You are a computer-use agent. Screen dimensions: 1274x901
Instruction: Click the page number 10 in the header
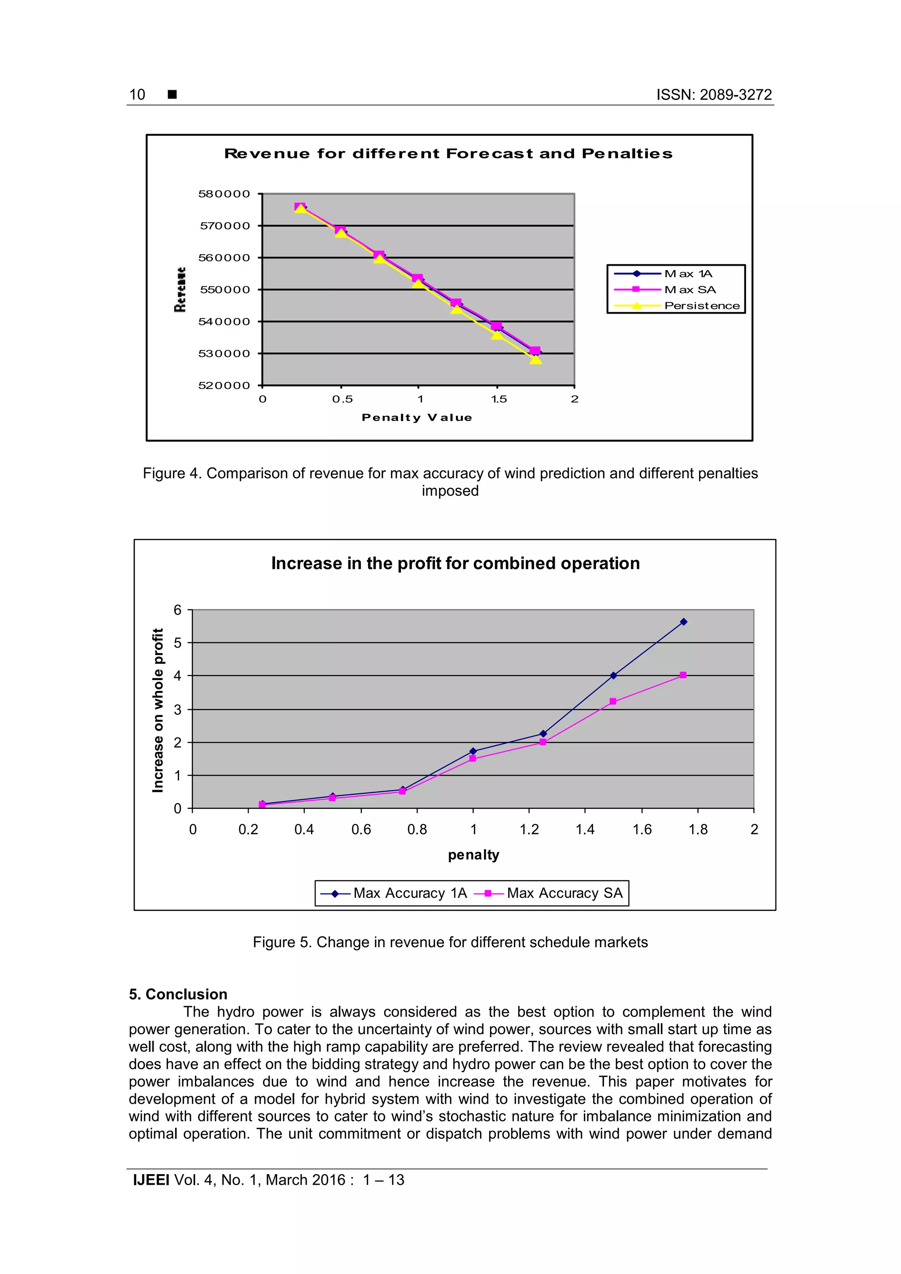(x=137, y=95)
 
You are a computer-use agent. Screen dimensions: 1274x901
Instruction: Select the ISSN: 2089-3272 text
(x=714, y=95)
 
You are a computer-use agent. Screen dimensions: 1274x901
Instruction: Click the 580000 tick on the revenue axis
(x=224, y=194)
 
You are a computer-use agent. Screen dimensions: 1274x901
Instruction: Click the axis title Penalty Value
(x=417, y=417)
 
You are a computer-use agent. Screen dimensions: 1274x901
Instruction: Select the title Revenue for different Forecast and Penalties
(x=448, y=154)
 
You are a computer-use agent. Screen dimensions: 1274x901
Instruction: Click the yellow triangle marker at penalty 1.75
(x=535, y=359)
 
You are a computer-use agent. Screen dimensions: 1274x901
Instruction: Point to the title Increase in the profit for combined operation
(x=455, y=563)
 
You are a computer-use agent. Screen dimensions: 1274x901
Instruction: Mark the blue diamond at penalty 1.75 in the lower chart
(x=684, y=622)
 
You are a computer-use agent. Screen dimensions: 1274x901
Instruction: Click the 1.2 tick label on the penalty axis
(x=529, y=830)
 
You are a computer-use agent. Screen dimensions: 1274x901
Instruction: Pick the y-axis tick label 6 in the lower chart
(x=178, y=610)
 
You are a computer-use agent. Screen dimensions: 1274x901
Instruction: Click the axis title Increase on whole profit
(x=158, y=710)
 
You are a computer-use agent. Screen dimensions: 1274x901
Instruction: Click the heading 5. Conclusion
(x=178, y=994)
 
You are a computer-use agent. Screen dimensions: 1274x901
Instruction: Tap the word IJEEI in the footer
(x=151, y=1180)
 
